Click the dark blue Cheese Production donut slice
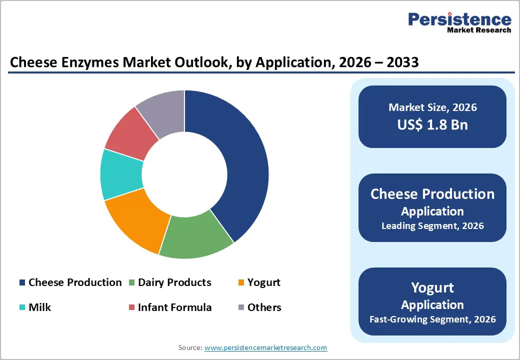coord(235,165)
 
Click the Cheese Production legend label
coord(75,282)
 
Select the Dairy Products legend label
coord(174,282)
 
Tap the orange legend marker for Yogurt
coord(241,283)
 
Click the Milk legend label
coord(39,307)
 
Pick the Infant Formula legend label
coord(174,307)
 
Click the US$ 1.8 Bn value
coord(432,124)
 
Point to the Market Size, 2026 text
coord(432,107)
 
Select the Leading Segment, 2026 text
coord(432,226)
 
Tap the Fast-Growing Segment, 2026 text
coord(432,319)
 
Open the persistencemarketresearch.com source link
coord(265,347)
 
